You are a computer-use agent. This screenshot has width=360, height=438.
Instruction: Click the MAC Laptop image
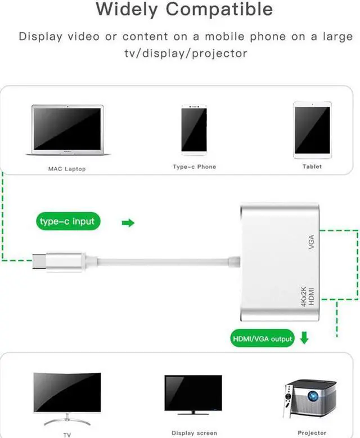[67, 130]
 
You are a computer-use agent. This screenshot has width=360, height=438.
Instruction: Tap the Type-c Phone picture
[194, 129]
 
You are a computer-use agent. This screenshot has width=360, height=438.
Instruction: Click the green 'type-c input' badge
[67, 221]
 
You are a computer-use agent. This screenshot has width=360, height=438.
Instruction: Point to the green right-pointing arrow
[128, 223]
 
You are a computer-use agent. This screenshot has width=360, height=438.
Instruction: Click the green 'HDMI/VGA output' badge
[263, 339]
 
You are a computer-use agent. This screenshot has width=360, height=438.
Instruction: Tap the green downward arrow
[304, 339]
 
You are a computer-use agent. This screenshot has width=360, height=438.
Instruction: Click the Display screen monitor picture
[193, 394]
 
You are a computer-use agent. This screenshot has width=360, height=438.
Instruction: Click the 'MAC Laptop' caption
[67, 169]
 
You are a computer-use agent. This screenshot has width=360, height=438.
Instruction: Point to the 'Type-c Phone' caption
[194, 167]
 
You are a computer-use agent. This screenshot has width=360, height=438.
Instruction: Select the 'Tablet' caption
[312, 167]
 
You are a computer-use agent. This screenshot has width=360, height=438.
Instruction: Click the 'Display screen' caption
[194, 433]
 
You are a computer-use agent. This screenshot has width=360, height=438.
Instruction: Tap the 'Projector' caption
[312, 432]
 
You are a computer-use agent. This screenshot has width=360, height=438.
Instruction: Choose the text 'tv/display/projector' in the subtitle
[186, 53]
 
